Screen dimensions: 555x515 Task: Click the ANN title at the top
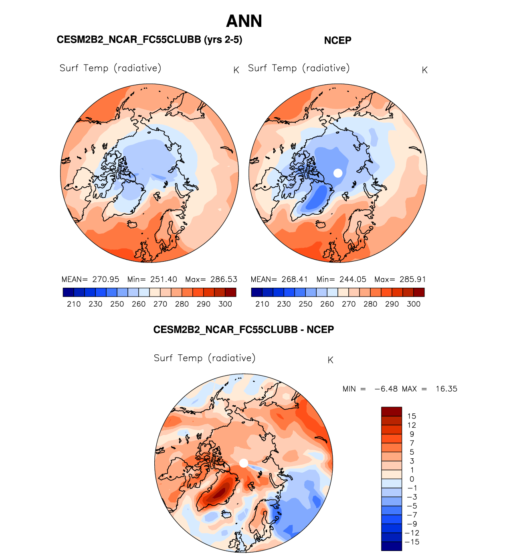[244, 21]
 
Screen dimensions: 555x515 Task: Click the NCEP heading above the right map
[337, 41]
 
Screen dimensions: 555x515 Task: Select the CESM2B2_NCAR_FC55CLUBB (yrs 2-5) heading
[149, 40]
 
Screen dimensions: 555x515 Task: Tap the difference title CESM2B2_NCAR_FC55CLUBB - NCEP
[243, 329]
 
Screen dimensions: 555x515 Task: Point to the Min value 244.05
[353, 279]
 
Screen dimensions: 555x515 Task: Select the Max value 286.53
[224, 279]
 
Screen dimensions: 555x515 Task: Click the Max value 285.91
[413, 279]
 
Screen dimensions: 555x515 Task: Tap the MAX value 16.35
[446, 389]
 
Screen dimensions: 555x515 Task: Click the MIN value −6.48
[386, 389]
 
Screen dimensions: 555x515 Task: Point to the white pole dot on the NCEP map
[338, 173]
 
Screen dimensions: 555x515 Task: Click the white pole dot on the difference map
[244, 463]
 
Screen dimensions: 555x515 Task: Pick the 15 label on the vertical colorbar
[412, 416]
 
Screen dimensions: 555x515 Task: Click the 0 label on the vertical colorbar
[412, 479]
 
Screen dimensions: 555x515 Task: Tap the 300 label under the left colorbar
[225, 304]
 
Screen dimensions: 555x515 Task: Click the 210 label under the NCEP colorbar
[262, 304]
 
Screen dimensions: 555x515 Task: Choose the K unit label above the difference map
[331, 360]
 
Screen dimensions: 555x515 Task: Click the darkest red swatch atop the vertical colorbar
[391, 411]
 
